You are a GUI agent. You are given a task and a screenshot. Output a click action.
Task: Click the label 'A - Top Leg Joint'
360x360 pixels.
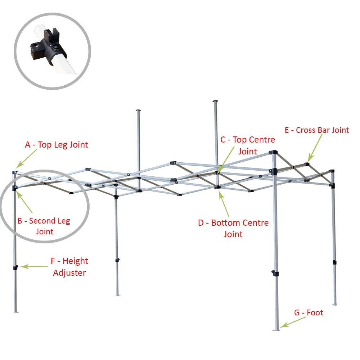pyautogui.click(x=57, y=145)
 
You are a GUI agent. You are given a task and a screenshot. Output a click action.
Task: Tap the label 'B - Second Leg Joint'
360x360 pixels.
pyautogui.click(x=44, y=226)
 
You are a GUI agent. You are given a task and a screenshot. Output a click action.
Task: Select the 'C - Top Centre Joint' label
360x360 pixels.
pyautogui.click(x=248, y=145)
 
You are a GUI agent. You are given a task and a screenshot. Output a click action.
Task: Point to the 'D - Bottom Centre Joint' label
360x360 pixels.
pyautogui.click(x=233, y=228)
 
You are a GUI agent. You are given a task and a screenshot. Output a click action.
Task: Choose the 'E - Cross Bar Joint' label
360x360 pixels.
pyautogui.click(x=317, y=130)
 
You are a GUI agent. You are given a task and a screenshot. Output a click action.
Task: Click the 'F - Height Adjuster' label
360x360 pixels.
pyautogui.click(x=69, y=267)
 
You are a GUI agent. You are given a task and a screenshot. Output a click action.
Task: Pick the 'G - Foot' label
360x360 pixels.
pyautogui.click(x=309, y=312)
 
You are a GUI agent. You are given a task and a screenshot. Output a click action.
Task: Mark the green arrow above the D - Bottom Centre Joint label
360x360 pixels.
pyautogui.click(x=224, y=204)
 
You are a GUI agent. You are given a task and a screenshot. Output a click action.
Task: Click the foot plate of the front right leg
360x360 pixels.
pyautogui.click(x=276, y=329)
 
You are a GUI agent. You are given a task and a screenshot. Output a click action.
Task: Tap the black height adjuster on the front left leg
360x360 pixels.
pyautogui.click(x=15, y=268)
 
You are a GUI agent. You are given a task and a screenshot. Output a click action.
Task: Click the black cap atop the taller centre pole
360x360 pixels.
pyautogui.click(x=215, y=102)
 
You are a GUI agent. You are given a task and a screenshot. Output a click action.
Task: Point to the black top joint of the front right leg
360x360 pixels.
pyautogui.click(x=273, y=153)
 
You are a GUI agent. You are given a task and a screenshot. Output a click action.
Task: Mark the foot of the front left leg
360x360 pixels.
pyautogui.click(x=15, y=311)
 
